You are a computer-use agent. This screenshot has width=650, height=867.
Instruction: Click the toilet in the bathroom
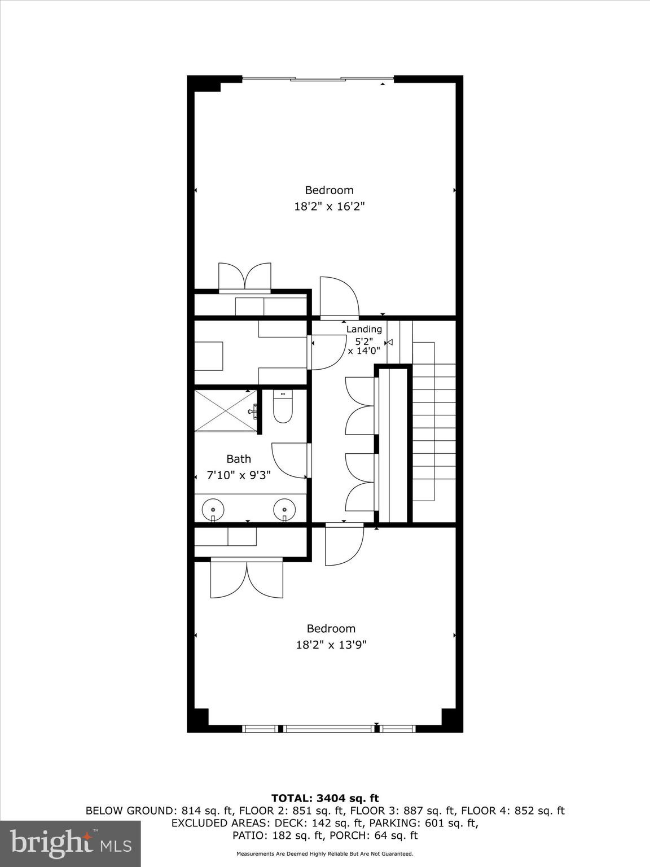[x=283, y=408]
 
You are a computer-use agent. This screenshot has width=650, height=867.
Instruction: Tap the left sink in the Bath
[x=213, y=509]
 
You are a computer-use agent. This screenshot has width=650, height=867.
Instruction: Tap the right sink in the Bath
[x=284, y=509]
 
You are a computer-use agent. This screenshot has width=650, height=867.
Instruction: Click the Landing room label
[x=364, y=329]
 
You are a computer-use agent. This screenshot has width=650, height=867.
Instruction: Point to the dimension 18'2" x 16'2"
[x=330, y=207]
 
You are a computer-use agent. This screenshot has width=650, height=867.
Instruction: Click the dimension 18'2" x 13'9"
[x=331, y=645]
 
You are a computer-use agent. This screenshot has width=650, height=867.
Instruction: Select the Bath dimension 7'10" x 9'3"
[x=239, y=475]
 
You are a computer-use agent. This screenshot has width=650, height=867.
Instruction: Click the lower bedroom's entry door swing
[x=343, y=543]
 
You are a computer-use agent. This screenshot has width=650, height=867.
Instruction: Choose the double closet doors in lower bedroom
[x=247, y=579]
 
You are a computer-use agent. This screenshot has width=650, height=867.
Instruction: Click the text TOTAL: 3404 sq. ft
[x=325, y=798]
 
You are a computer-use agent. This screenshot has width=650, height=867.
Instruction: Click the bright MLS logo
[x=71, y=844]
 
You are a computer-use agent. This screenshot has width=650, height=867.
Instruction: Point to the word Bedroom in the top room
[x=330, y=190]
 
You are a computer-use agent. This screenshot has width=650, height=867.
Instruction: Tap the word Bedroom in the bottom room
[x=331, y=628]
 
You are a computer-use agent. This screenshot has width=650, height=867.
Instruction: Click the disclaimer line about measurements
[x=325, y=854]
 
